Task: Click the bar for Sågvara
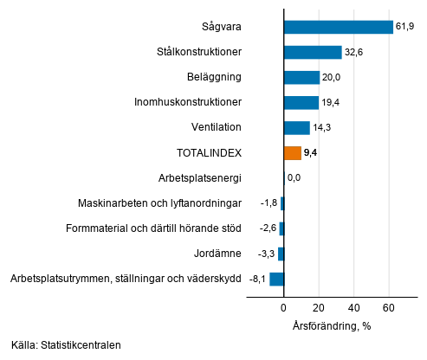tap(338, 27)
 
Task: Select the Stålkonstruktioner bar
tap(313, 52)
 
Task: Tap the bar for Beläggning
tap(301, 77)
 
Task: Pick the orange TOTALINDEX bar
tap(292, 153)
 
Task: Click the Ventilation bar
tap(296, 128)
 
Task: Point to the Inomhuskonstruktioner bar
tap(301, 102)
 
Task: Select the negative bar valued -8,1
tap(276, 279)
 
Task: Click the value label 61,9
tap(406, 27)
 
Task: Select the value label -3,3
tap(265, 254)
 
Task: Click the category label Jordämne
tap(217, 254)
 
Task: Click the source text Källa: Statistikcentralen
tap(66, 344)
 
